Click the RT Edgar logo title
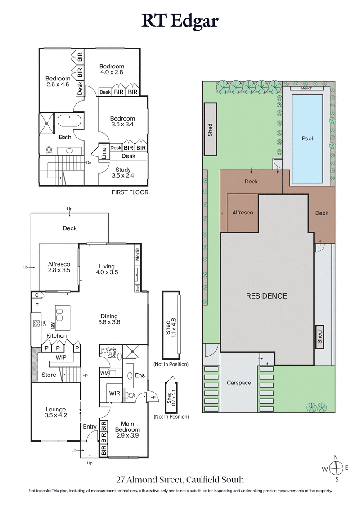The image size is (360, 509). click(180, 21)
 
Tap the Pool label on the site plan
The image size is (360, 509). click(307, 138)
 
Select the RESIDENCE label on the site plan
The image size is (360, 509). click(266, 296)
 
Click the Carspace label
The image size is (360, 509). click(239, 383)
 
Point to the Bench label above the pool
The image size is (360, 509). click(307, 89)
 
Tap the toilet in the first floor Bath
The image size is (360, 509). click(49, 150)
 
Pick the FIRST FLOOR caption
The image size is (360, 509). click(130, 192)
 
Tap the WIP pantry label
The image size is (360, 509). click(61, 357)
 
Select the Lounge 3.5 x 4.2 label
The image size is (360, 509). click(56, 412)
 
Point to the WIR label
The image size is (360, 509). click(115, 393)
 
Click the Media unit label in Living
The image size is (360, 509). click(138, 255)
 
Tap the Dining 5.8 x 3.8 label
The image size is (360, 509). click(109, 319)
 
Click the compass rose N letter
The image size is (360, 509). click(336, 456)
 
